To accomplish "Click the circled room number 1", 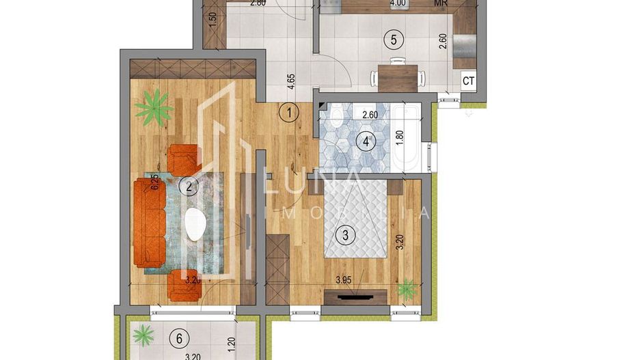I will click(x=290, y=111).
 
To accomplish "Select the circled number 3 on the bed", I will click(x=346, y=236).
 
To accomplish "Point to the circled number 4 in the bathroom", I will click(x=367, y=142).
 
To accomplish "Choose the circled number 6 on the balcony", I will click(x=179, y=337).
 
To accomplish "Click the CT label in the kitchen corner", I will click(x=469, y=81).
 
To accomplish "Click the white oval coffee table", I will click(x=197, y=223).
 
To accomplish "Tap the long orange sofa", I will click(x=150, y=223).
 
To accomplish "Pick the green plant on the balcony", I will click(x=144, y=335).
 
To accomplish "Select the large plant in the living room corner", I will click(x=153, y=107).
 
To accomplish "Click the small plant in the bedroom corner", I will click(x=408, y=290).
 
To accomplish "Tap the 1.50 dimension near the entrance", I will click(x=212, y=18).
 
